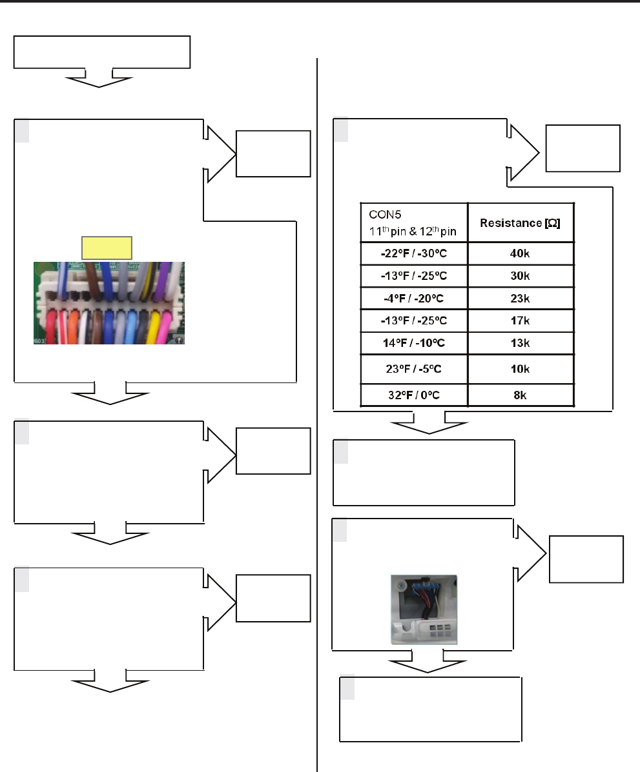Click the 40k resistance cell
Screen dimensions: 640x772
[x=520, y=253]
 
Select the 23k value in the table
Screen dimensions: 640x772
[x=520, y=299]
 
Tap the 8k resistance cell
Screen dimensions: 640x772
[x=520, y=395]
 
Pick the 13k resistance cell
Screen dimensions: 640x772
[x=520, y=343]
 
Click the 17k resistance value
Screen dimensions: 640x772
[x=520, y=321]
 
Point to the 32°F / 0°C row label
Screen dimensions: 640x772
[x=414, y=395]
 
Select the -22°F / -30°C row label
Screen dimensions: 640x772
[x=414, y=253]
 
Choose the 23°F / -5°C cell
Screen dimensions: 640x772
[x=414, y=369]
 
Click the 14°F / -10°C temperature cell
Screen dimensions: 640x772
[x=414, y=343]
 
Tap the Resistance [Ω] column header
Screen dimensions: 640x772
[x=520, y=223]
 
